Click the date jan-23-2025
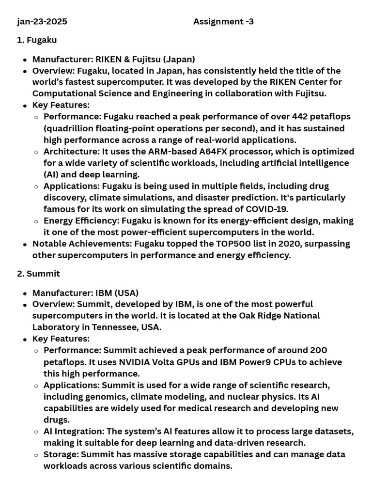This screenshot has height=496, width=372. [42, 21]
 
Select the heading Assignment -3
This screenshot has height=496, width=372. [223, 21]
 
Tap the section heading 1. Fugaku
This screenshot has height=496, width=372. [37, 40]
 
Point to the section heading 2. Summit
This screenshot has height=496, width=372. [38, 274]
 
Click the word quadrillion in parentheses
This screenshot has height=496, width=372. [71, 128]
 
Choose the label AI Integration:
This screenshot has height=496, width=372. [74, 432]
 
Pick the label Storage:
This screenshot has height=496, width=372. [61, 454]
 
